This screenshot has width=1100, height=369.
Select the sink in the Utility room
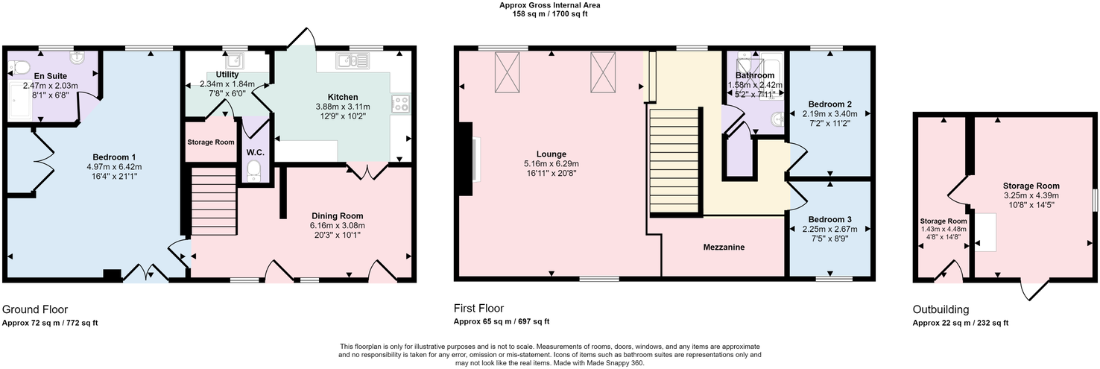click(x=235, y=61)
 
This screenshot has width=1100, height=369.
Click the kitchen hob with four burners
click(x=400, y=104)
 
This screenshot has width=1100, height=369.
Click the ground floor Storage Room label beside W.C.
click(x=210, y=142)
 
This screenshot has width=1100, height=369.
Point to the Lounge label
click(x=551, y=154)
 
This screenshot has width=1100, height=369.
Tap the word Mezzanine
click(x=723, y=247)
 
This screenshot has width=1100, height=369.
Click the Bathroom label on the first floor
click(x=755, y=75)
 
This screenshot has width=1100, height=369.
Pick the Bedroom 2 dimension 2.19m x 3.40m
click(x=829, y=114)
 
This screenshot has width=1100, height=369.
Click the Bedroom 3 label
click(x=829, y=218)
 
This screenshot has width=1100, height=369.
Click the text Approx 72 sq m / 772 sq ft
click(x=50, y=323)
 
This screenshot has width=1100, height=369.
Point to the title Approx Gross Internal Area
click(x=549, y=5)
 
